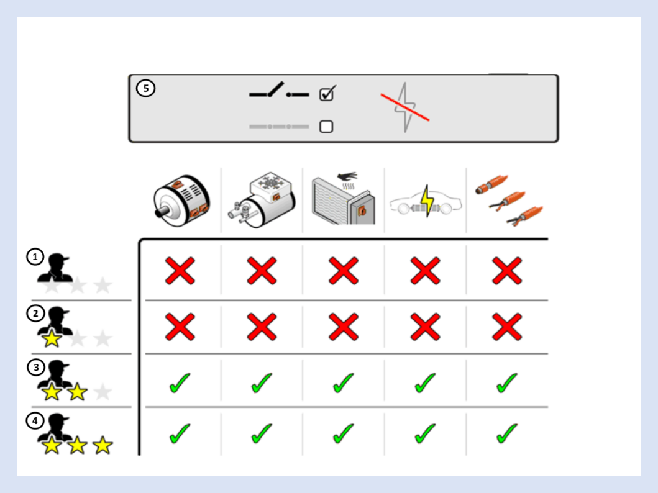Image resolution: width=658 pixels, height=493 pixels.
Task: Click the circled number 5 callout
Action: (145, 88)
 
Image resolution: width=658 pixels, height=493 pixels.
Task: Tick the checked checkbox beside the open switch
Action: (327, 94)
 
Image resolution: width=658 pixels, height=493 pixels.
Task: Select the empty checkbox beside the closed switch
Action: (326, 127)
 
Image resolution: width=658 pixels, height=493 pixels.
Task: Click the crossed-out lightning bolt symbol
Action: (405, 107)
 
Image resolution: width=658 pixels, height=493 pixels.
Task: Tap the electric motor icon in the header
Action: (181, 201)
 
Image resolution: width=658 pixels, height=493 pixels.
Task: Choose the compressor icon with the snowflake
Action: (262, 199)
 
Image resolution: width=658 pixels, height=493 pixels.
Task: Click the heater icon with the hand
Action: (343, 198)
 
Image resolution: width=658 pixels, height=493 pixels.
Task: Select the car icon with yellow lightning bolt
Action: (426, 201)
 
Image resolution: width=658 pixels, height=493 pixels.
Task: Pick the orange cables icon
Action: (509, 201)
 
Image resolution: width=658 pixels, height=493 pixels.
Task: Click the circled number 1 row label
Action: (35, 256)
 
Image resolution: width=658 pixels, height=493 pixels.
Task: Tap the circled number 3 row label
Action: (36, 367)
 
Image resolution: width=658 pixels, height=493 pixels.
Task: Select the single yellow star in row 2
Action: (52, 339)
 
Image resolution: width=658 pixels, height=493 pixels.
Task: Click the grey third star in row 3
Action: (103, 392)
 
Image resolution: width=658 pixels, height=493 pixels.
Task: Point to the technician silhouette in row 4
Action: (55, 428)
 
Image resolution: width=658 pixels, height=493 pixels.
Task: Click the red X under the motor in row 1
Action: (180, 271)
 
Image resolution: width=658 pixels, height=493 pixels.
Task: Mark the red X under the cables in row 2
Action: (507, 327)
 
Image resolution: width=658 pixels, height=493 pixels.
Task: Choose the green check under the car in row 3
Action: (425, 382)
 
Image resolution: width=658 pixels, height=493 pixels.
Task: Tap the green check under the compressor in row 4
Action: (262, 433)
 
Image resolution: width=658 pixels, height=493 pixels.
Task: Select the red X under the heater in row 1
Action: (344, 271)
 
